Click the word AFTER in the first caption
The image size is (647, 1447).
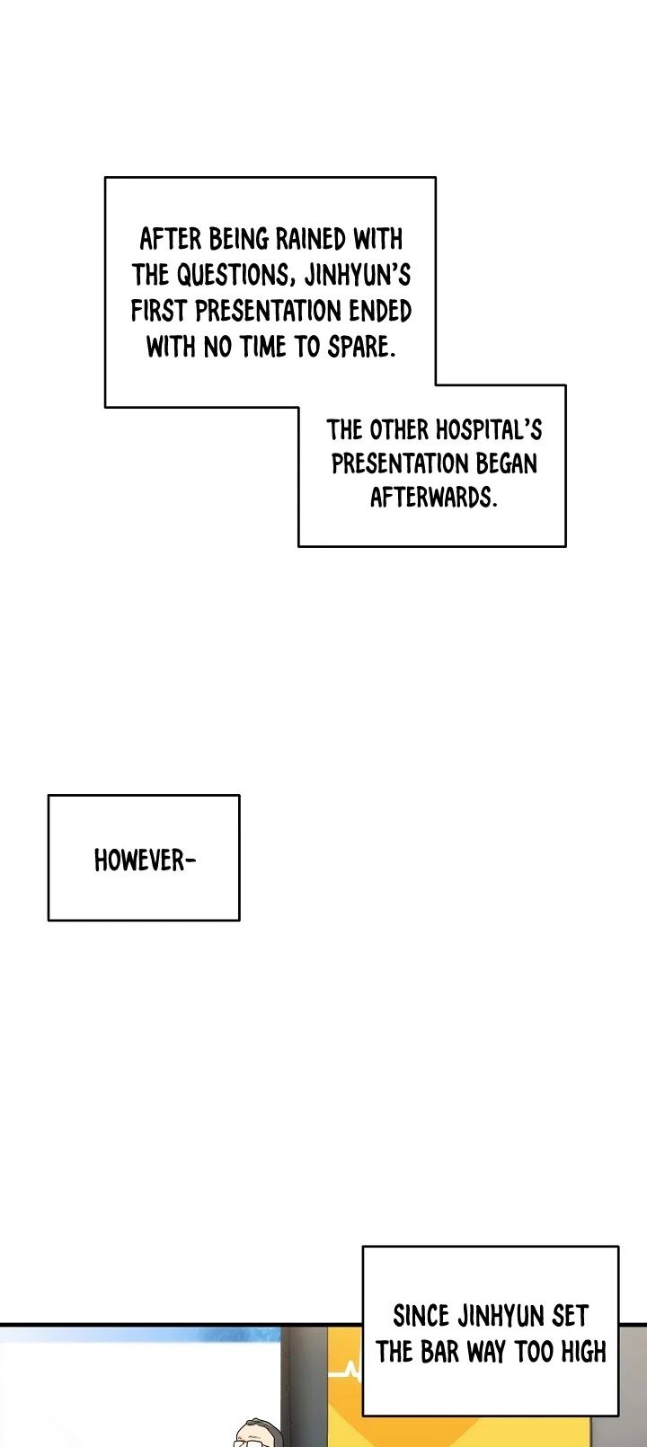tap(172, 239)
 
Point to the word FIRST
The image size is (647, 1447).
tap(160, 311)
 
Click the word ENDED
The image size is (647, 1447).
tap(380, 311)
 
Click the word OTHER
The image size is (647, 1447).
tap(399, 429)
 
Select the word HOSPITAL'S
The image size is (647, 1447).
tap(489, 429)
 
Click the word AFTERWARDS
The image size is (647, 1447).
tap(433, 497)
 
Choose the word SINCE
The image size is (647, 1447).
tap(421, 1317)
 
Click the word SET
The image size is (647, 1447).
tap(570, 1317)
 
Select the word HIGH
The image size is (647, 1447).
tap(580, 1352)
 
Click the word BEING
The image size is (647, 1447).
tap(238, 239)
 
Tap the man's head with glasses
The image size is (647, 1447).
tap(257, 1434)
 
